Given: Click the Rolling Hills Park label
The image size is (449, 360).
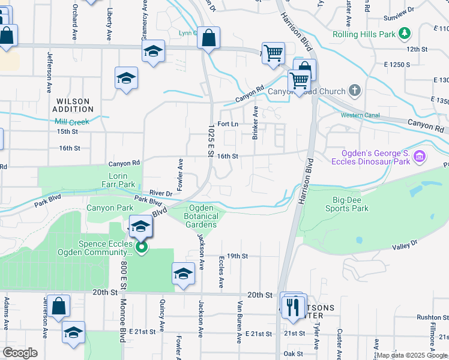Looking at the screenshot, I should coord(364,34).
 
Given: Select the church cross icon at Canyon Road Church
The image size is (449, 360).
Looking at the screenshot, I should coord(355,91).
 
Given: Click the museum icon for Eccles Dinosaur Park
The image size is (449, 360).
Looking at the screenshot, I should coord(420,157).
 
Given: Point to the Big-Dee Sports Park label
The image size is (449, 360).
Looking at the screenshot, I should coord(347,204).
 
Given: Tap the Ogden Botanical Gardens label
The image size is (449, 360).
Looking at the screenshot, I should coord(200,216).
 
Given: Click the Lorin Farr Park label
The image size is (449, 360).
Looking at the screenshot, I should coord(118,180).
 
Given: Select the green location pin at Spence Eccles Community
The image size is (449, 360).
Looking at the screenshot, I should coord(142,247).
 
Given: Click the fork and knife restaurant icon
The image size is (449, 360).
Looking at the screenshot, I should coord(294,307).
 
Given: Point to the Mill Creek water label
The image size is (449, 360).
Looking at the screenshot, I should coord(72,122).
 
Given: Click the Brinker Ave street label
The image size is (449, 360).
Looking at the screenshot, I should coord(255,123).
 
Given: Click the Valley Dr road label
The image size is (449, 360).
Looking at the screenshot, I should coord(405,246).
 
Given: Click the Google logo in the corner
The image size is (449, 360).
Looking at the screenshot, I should coord(20,353).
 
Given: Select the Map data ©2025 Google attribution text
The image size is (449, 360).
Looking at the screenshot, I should coord(412,355).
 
